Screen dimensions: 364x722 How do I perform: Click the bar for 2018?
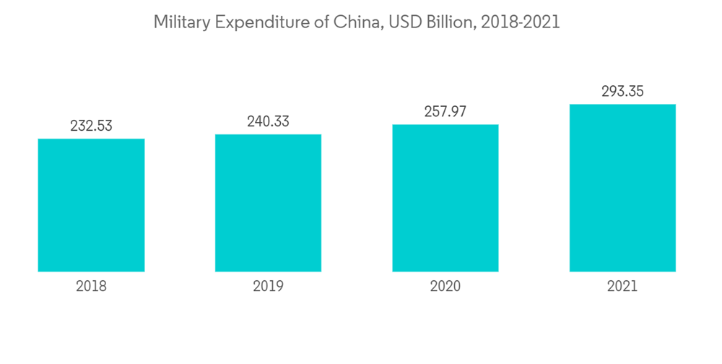tap(91, 205)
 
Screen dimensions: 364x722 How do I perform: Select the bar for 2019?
tap(268, 203)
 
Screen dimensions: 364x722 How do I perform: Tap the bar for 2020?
tap(445, 198)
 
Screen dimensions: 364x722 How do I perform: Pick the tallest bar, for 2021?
tap(622, 188)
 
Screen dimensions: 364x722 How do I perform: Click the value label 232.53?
tap(91, 126)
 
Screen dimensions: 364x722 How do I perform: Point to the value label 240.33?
tap(268, 121)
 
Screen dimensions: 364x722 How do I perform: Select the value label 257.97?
tap(445, 111)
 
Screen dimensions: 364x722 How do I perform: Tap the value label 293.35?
tap(622, 92)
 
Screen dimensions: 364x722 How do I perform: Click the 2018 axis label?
tap(91, 287)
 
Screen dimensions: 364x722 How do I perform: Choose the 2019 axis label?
tap(268, 287)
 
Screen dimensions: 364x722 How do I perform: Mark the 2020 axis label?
tap(445, 287)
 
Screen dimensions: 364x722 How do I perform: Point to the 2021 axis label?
tap(622, 287)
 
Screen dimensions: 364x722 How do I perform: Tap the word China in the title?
tap(355, 23)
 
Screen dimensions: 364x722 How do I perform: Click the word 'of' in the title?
tap(321, 23)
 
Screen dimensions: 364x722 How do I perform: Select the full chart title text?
tap(357, 23)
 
